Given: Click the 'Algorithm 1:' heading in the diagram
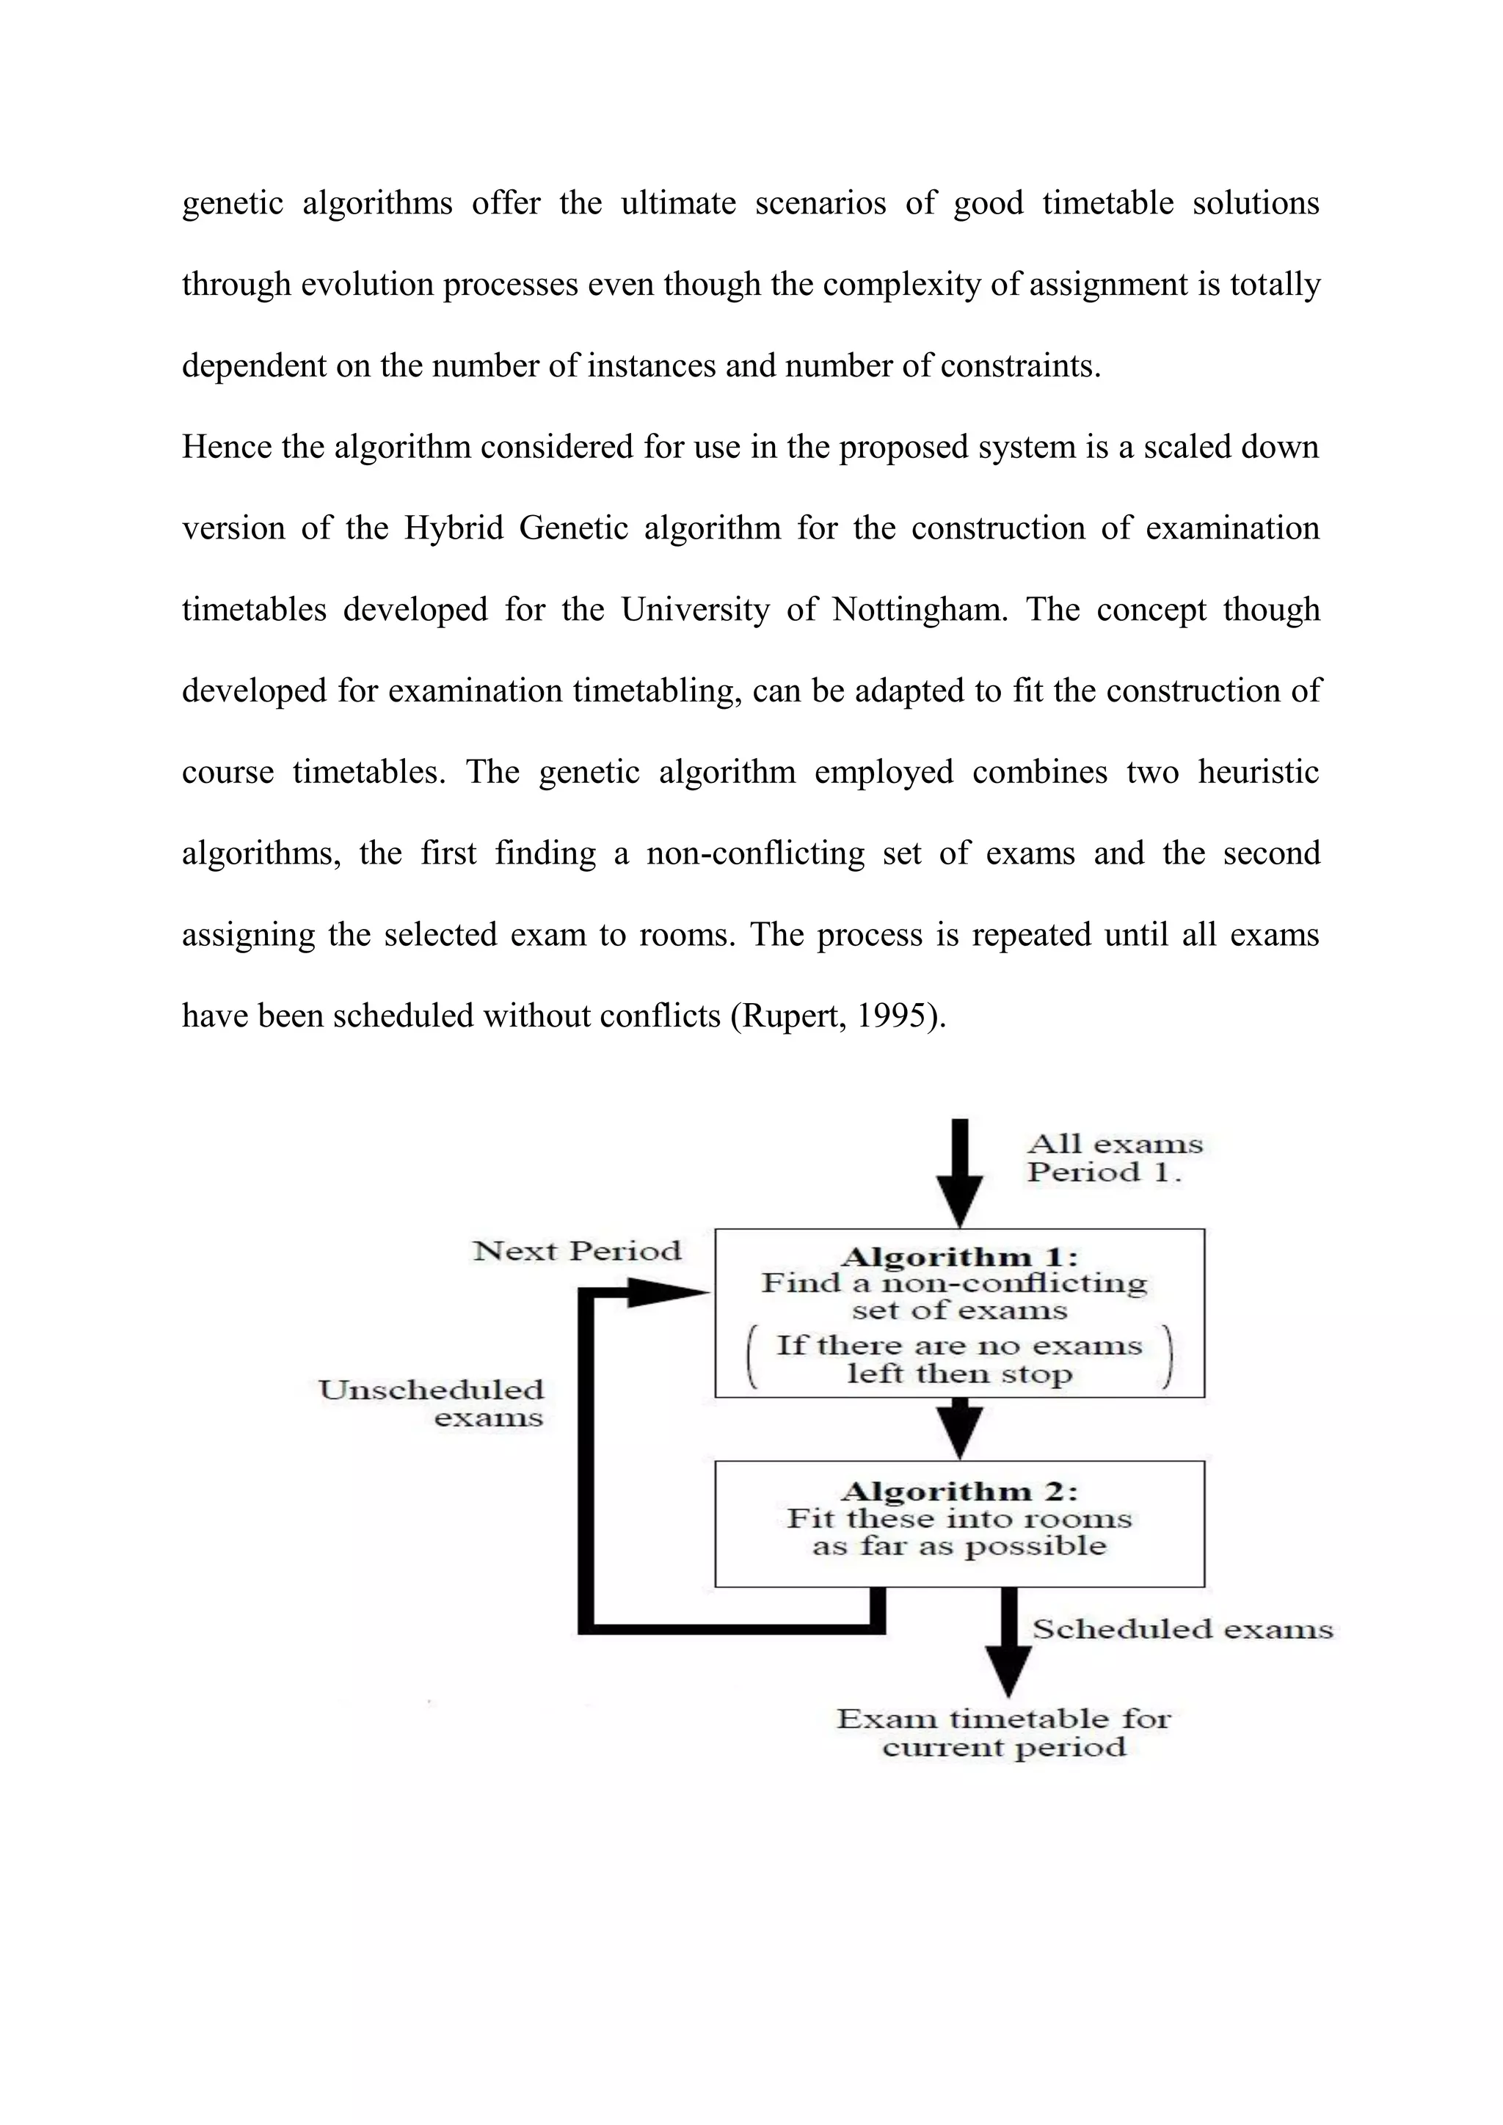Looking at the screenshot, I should coord(960,1257).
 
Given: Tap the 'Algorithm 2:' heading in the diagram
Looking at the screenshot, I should coord(960,1491).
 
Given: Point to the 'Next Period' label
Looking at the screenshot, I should coord(577,1251).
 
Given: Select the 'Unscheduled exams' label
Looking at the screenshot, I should coord(432,1403).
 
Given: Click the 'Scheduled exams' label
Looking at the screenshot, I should coord(1182,1629).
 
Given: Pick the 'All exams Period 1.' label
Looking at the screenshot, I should coord(1114,1158).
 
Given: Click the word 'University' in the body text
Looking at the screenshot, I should coord(695,610).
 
